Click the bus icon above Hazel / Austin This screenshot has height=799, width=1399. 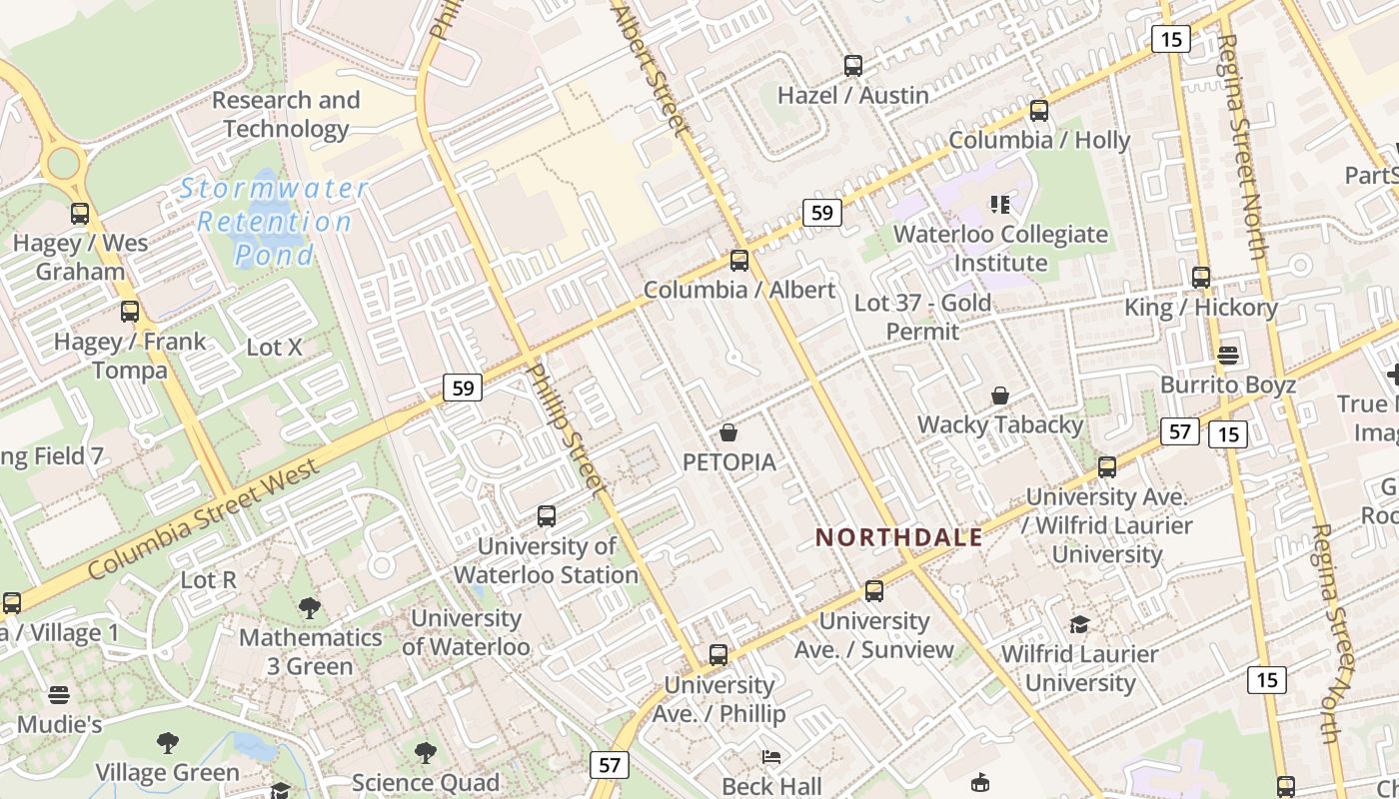click(x=852, y=66)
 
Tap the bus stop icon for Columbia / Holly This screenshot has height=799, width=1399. click(x=1039, y=111)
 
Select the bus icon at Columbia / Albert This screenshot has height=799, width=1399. click(x=738, y=261)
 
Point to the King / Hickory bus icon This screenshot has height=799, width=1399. click(x=1201, y=278)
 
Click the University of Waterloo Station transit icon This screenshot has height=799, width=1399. click(x=546, y=516)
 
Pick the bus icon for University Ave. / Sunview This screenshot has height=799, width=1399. click(x=874, y=591)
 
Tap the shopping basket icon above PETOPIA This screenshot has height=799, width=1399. click(x=728, y=432)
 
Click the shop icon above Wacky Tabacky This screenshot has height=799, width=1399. click(x=999, y=396)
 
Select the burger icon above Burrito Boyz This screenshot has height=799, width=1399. click(x=1228, y=356)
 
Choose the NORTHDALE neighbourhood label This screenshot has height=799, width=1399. click(x=899, y=537)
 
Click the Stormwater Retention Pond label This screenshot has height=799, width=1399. click(x=274, y=222)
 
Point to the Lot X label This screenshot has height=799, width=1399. click(x=274, y=348)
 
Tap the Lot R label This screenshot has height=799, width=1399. click(x=208, y=579)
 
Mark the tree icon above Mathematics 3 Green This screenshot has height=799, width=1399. click(x=310, y=608)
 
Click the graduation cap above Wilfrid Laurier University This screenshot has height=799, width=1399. click(x=1079, y=625)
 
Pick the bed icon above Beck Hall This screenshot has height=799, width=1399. click(x=771, y=756)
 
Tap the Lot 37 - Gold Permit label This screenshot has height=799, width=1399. click(x=922, y=317)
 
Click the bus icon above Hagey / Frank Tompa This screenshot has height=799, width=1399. click(x=130, y=312)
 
